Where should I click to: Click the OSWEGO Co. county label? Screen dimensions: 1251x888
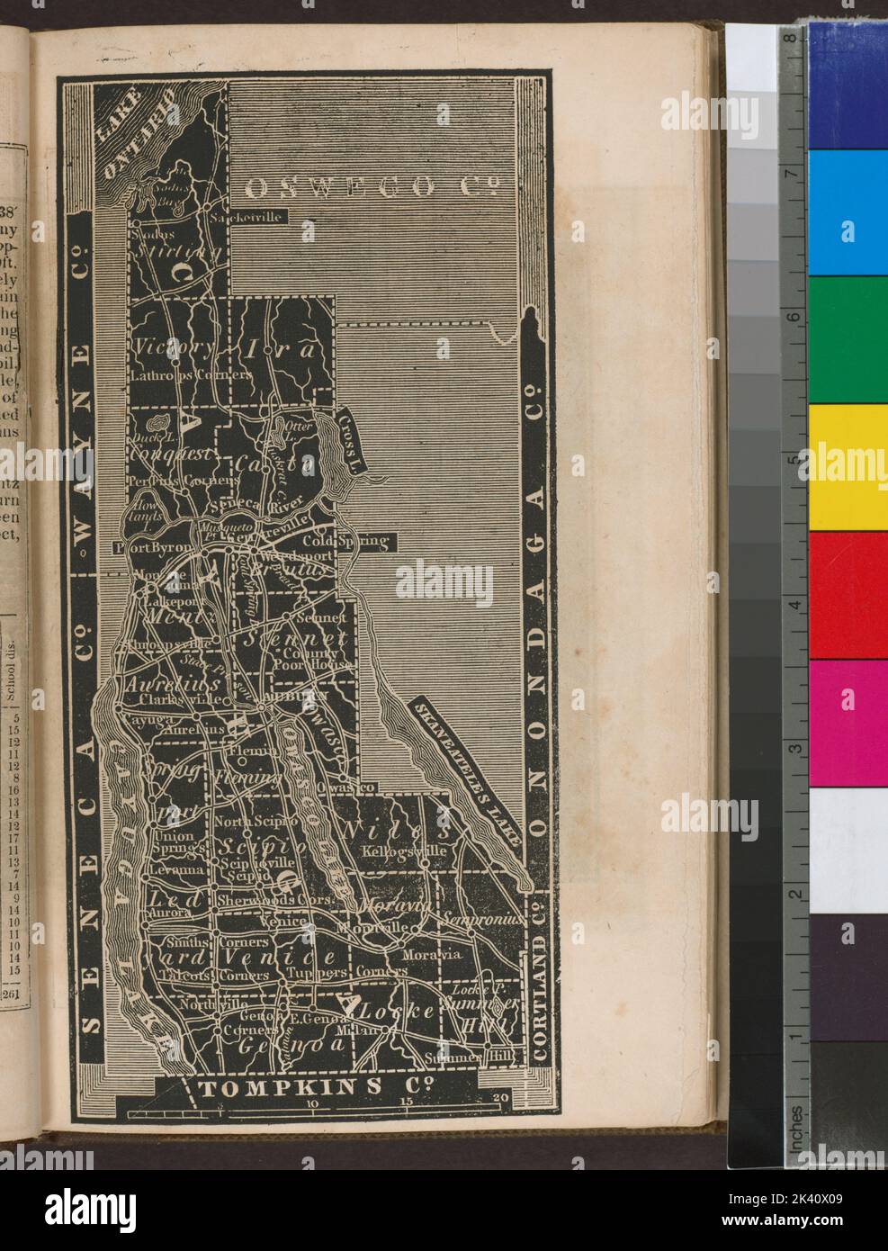coord(372,187)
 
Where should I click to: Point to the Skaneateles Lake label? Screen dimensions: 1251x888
coord(467,770)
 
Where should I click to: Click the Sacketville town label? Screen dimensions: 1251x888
coord(245,218)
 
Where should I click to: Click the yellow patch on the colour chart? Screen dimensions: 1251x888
coord(847,466)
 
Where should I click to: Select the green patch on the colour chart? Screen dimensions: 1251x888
coord(847,339)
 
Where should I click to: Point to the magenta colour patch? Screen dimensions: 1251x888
coord(847,722)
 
